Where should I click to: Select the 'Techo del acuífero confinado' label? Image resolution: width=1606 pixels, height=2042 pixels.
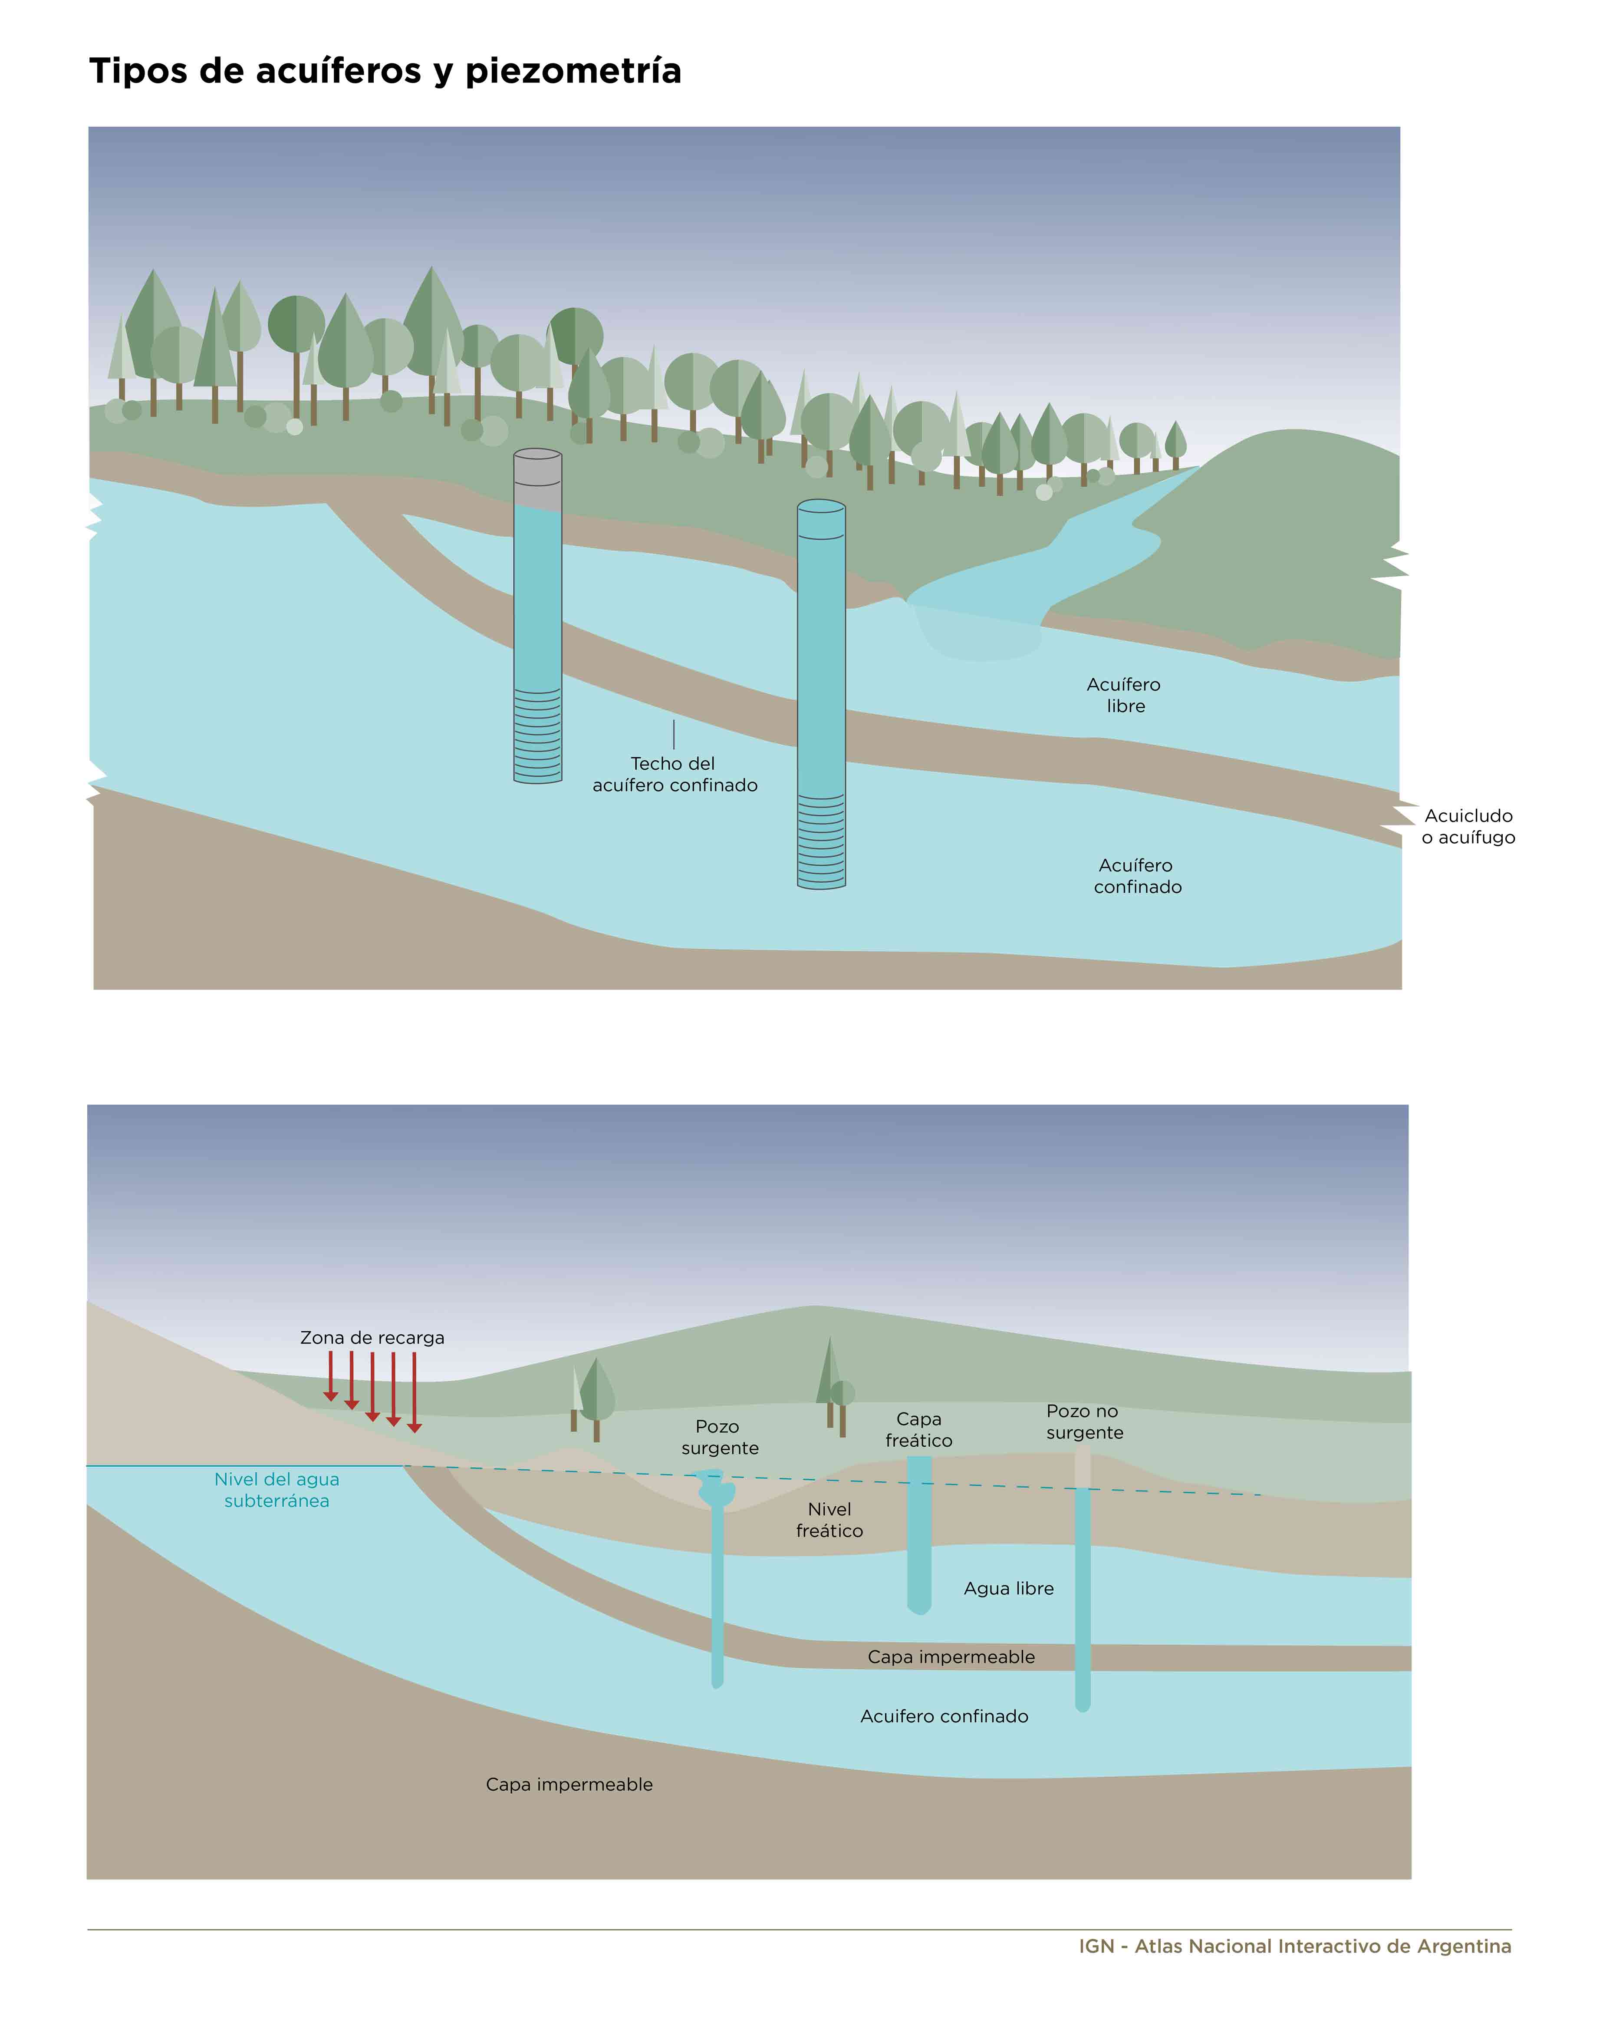pos(674,774)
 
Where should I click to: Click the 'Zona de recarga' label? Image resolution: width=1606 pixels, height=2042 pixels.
pos(372,1337)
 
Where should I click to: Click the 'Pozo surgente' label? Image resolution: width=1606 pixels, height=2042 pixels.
pos(719,1437)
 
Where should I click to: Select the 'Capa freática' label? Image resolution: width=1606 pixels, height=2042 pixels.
pos(918,1430)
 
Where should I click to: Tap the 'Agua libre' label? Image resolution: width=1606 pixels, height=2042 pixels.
pos(1009,1589)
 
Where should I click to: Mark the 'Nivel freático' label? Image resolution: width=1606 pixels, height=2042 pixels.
pos(829,1520)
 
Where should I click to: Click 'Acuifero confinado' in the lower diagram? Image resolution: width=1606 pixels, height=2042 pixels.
pos(944,1716)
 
